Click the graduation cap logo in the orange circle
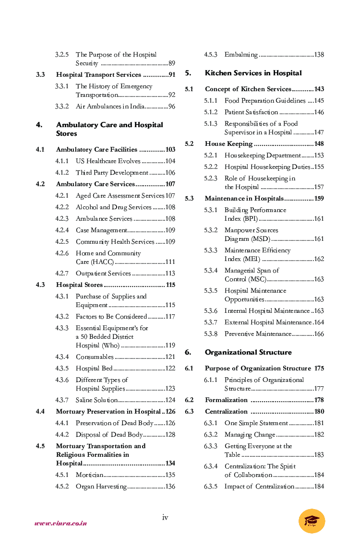(312, 521)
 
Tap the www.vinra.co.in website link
(60, 523)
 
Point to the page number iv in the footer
(165, 517)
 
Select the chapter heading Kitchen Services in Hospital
(253, 73)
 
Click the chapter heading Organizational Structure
(248, 352)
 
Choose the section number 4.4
(40, 412)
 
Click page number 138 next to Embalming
(319, 55)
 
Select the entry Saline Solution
(96, 400)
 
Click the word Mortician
(89, 475)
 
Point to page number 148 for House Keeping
(319, 144)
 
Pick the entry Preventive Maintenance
(258, 334)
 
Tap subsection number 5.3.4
(210, 271)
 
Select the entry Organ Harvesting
(101, 487)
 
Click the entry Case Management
(101, 230)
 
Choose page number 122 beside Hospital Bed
(170, 369)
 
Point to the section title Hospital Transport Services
(98, 75)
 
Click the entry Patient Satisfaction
(251, 112)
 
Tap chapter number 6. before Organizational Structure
(188, 352)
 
